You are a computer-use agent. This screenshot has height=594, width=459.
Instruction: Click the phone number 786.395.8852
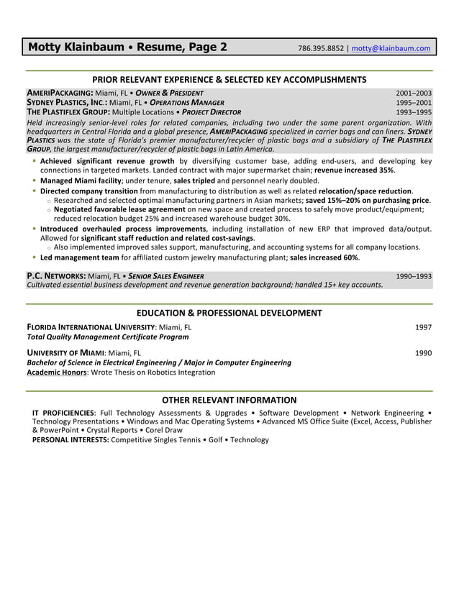(x=321, y=49)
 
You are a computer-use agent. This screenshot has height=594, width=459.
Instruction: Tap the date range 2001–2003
(x=414, y=93)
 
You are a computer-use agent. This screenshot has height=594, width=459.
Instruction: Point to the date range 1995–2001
(x=414, y=103)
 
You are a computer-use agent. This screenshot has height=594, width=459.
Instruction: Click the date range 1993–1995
(x=414, y=112)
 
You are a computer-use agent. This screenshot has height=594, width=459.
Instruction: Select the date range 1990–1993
(x=414, y=276)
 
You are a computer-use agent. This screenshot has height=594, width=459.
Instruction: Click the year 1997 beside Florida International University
(x=423, y=327)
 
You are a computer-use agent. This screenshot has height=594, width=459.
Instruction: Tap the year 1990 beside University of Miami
(x=423, y=353)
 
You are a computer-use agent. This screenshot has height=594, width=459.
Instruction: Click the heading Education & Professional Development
(x=229, y=313)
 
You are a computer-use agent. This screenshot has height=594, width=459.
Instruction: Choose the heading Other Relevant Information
(x=229, y=400)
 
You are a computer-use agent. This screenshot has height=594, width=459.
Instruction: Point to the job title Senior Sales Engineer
(x=168, y=276)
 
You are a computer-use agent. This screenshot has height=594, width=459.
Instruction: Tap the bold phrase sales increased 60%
(x=324, y=257)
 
